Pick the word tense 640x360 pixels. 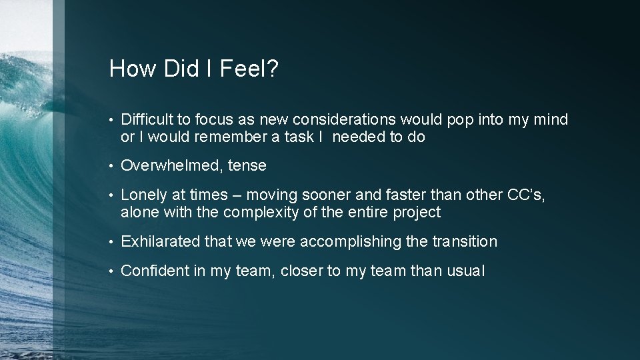tap(247, 165)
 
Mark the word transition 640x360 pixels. tap(465, 241)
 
